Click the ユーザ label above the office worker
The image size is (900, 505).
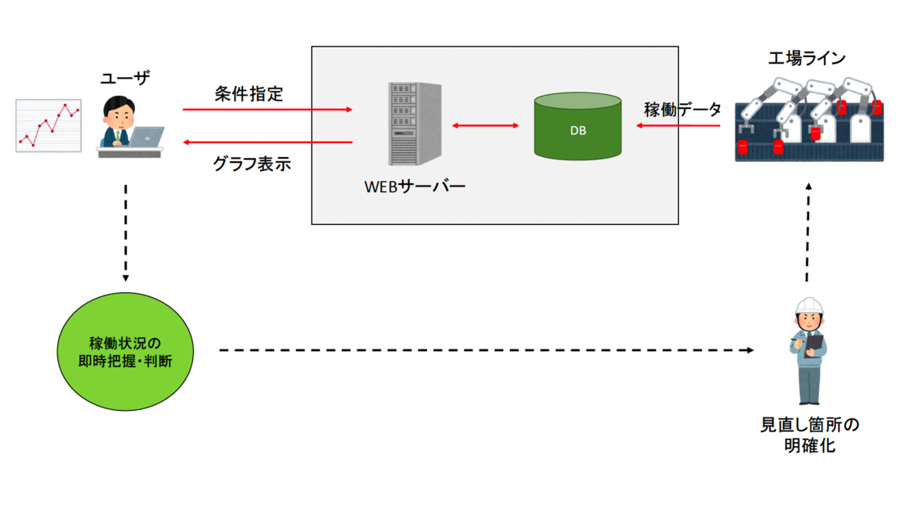click(x=125, y=78)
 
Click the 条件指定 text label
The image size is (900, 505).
click(x=249, y=93)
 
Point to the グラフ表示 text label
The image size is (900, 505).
click(x=251, y=163)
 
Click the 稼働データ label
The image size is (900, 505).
click(x=682, y=110)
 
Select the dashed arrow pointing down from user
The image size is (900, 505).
click(x=126, y=232)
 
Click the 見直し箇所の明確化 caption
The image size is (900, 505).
click(x=809, y=435)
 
